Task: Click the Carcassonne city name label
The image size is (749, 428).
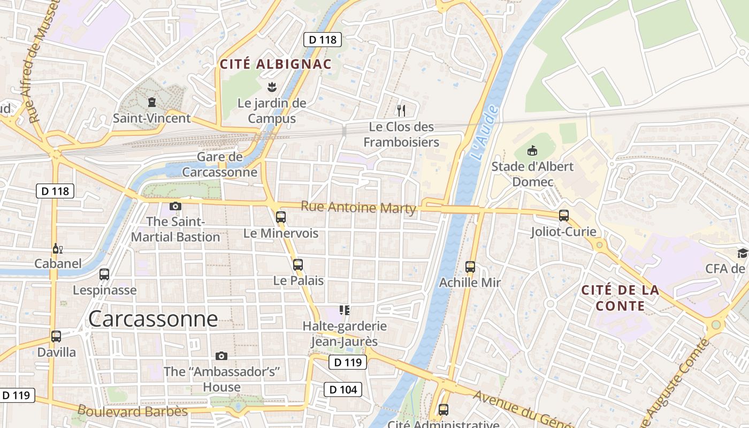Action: pos(153,319)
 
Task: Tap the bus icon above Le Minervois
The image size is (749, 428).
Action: pos(280,217)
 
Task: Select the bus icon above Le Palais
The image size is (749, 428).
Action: pos(298,264)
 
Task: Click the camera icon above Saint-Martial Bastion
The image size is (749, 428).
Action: pos(175,206)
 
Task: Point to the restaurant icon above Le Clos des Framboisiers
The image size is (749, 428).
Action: pos(401,111)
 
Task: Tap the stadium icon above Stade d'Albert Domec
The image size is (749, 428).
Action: pos(532,150)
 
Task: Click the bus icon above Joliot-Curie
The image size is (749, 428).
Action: pos(563,215)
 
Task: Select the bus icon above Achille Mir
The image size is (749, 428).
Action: pos(470,266)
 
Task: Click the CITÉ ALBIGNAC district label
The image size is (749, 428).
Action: pos(276,64)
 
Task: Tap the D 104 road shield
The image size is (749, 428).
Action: pos(343,389)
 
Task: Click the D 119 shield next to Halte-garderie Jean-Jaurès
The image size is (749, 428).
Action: pos(347,362)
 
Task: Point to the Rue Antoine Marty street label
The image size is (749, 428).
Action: pos(358,207)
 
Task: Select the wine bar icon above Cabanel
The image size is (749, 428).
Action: pos(57,248)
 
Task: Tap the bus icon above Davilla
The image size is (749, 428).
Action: pos(56,336)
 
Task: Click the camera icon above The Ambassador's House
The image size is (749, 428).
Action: pos(221,356)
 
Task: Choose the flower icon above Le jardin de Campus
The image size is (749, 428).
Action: pos(272,87)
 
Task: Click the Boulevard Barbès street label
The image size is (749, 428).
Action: pos(132,411)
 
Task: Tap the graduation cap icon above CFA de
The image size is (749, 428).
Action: pos(742,253)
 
